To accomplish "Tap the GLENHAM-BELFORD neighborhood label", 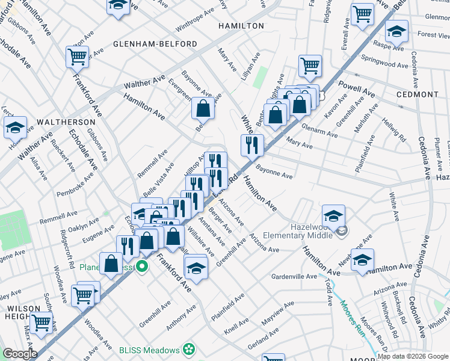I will pyautogui.click(x=155, y=45).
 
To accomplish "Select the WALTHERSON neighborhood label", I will pyautogui.click(x=63, y=122).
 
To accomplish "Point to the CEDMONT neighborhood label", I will pyautogui.click(x=418, y=95).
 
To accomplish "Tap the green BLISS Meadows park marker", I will pyautogui.click(x=189, y=350).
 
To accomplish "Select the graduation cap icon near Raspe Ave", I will pyautogui.click(x=396, y=31).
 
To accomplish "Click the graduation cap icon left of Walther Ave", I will pyautogui.click(x=16, y=127).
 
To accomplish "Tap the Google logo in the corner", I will pyautogui.click(x=20, y=354).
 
